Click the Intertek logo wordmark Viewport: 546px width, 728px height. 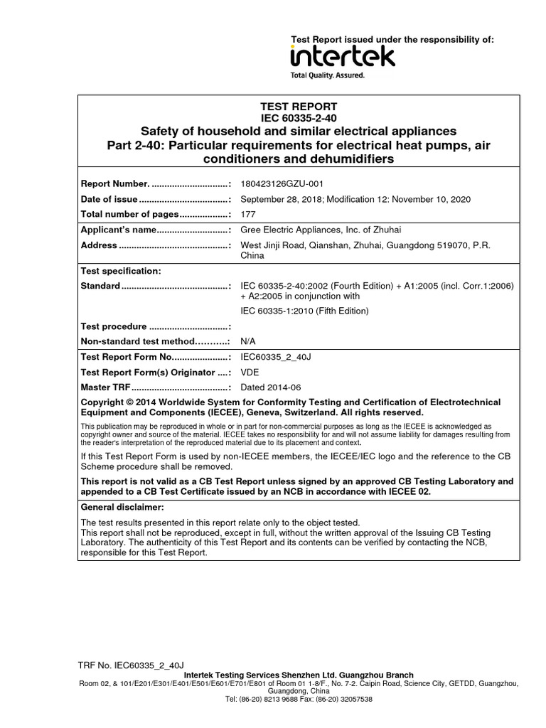coord(342,56)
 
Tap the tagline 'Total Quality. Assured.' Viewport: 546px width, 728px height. coord(328,75)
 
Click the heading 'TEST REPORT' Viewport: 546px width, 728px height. coord(298,107)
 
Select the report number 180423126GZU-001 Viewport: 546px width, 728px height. coord(284,183)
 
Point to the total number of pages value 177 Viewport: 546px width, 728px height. coord(248,214)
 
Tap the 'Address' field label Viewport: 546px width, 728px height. coord(99,245)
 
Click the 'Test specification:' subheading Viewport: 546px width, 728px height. coord(121,271)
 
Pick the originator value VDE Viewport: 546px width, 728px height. coord(250,372)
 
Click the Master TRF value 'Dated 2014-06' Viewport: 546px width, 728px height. coord(271,387)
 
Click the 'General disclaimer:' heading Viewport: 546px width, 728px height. coord(122,508)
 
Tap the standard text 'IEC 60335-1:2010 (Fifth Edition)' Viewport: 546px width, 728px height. coord(305,311)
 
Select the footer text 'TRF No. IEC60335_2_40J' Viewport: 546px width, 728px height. coord(131,665)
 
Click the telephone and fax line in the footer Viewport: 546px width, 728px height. coord(299,699)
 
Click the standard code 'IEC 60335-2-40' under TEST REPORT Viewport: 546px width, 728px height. coord(298,118)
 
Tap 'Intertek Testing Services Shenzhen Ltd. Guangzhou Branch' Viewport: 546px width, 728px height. coord(299,675)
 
